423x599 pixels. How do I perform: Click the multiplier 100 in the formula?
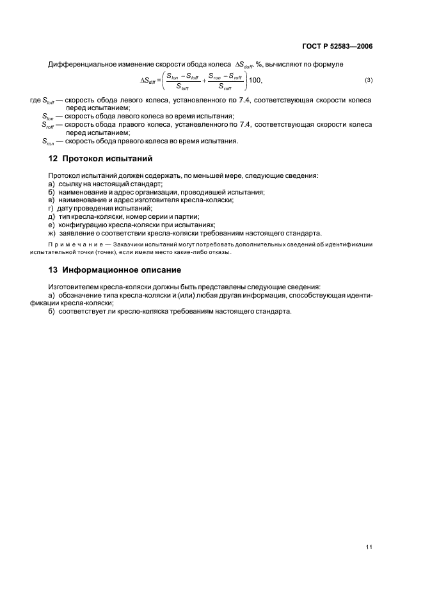[x=255, y=80]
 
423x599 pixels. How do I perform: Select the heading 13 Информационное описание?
[x=113, y=269]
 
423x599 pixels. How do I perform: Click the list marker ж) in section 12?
[x=52, y=233]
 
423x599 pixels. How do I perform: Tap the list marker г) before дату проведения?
[x=51, y=208]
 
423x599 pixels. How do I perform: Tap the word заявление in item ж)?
[x=79, y=233]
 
